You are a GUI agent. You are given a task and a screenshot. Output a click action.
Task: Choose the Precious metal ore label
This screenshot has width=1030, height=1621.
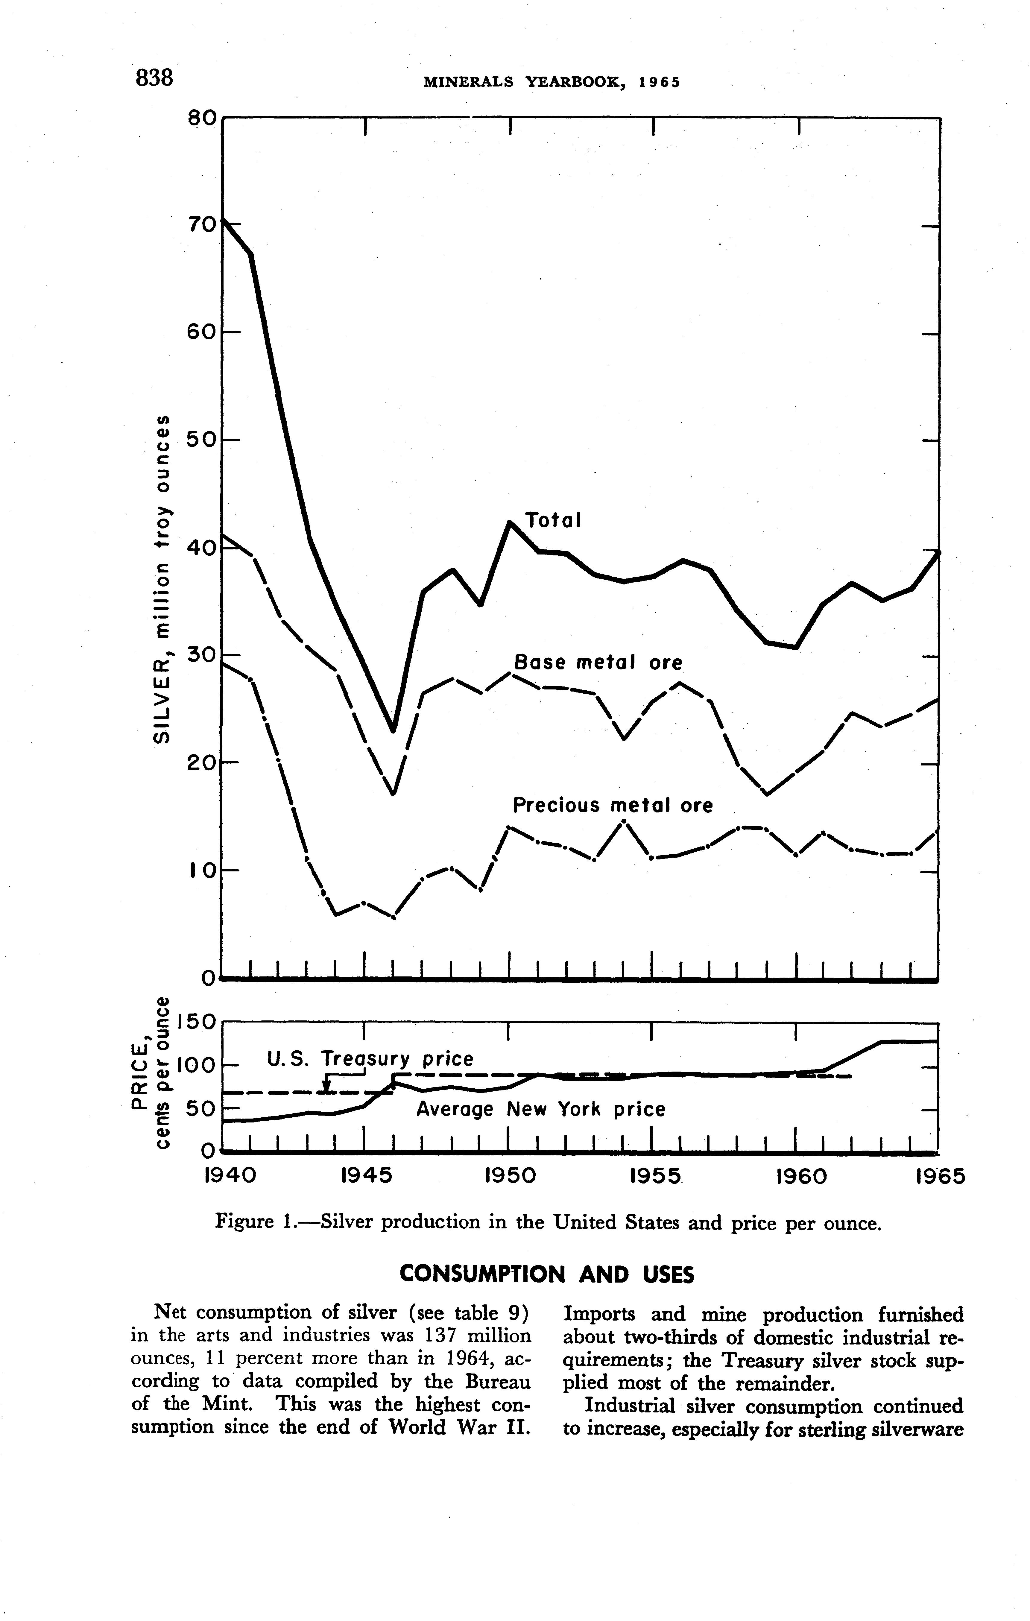612,806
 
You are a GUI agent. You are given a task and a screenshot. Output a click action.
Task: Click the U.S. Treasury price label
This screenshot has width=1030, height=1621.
370,1059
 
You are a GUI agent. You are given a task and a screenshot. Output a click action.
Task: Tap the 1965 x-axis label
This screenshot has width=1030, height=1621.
941,1176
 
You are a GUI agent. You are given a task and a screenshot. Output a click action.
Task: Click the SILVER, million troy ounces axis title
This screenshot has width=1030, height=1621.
163,579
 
